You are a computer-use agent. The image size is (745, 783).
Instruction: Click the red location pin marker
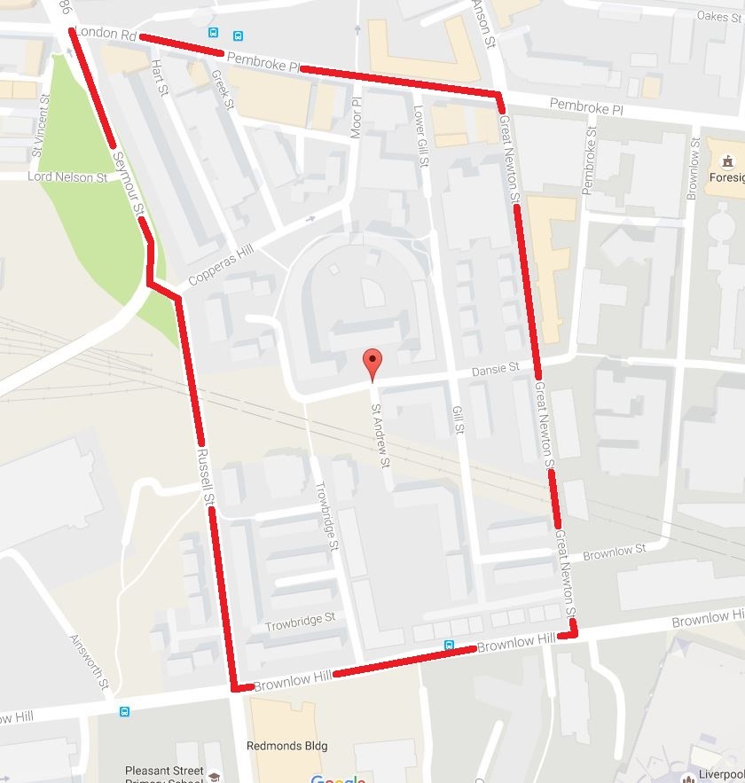[x=373, y=363]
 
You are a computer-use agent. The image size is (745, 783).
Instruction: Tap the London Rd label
[x=106, y=35]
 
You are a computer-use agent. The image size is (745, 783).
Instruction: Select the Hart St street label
[x=160, y=77]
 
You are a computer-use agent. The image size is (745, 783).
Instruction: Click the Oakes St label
[x=718, y=16]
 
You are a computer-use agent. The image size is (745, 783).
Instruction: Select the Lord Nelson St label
[x=67, y=177]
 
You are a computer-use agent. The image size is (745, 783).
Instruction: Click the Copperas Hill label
[x=221, y=265]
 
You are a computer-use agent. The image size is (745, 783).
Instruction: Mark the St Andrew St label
[x=380, y=434]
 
